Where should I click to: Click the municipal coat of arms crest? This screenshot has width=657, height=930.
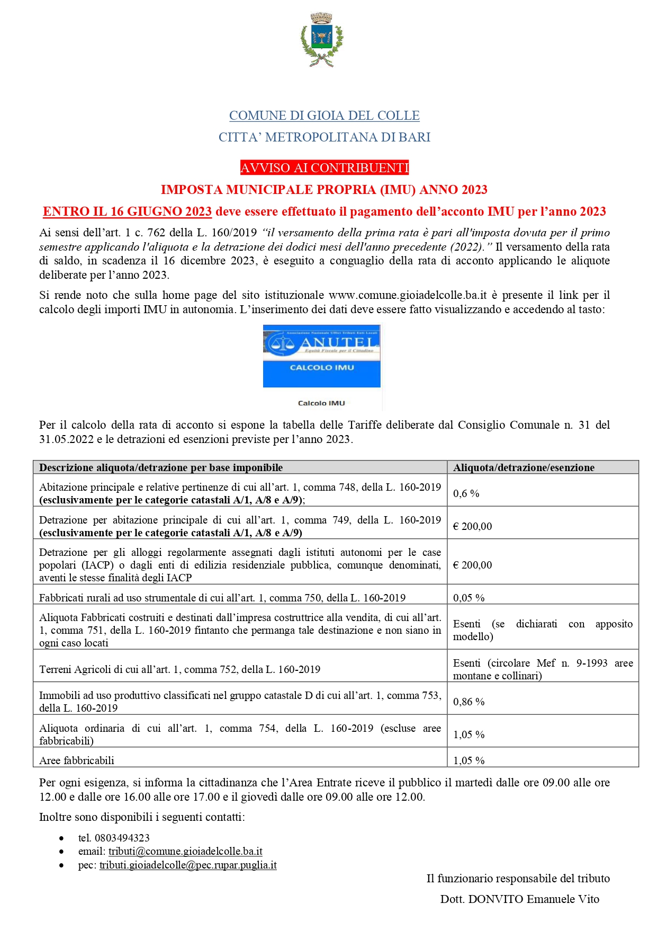tap(321, 40)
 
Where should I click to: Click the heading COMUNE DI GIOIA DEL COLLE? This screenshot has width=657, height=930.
tap(324, 116)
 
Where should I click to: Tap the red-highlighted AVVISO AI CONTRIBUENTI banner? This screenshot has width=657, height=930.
tap(324, 168)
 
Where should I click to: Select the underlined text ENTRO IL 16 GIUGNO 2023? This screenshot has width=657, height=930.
tap(127, 211)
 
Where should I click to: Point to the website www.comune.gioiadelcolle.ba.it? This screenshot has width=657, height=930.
tap(407, 295)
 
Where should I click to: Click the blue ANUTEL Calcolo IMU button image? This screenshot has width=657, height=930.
tap(321, 356)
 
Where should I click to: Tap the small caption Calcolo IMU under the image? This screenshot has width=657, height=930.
tap(321, 403)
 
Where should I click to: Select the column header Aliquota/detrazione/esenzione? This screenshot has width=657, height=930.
tap(523, 467)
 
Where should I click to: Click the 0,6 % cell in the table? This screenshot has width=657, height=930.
tap(466, 493)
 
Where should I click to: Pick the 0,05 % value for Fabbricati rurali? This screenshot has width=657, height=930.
tap(469, 598)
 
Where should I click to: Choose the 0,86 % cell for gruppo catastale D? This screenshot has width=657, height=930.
tap(469, 702)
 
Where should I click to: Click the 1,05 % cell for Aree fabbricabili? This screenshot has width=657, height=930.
tap(469, 760)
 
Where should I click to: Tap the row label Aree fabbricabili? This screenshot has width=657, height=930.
tap(77, 760)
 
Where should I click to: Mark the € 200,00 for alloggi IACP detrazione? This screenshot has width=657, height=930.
tap(472, 565)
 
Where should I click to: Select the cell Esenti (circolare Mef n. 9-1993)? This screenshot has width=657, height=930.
tap(542, 669)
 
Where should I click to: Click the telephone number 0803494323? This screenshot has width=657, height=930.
tap(122, 838)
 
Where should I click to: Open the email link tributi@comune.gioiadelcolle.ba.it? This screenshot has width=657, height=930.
tap(185, 852)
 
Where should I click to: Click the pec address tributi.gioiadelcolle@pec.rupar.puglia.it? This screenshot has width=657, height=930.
tap(188, 865)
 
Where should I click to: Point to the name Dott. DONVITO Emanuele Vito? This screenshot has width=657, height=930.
tap(519, 899)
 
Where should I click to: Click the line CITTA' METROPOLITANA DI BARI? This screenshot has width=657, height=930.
tap(324, 137)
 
